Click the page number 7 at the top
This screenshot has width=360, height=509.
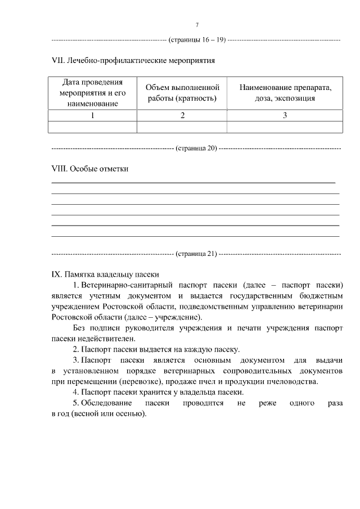197,25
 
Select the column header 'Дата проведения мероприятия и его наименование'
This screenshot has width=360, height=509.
92,93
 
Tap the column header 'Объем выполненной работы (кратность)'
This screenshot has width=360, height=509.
182,93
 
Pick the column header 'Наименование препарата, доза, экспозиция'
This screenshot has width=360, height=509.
285,93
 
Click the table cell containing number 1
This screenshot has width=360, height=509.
92,115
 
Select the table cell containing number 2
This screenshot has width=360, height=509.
182,115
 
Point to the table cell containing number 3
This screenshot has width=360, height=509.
285,115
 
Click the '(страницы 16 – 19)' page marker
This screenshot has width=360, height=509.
197,39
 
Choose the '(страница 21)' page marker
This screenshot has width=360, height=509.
196,253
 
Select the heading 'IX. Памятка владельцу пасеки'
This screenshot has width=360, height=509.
105,274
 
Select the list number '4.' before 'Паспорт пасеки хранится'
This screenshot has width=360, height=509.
76,392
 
